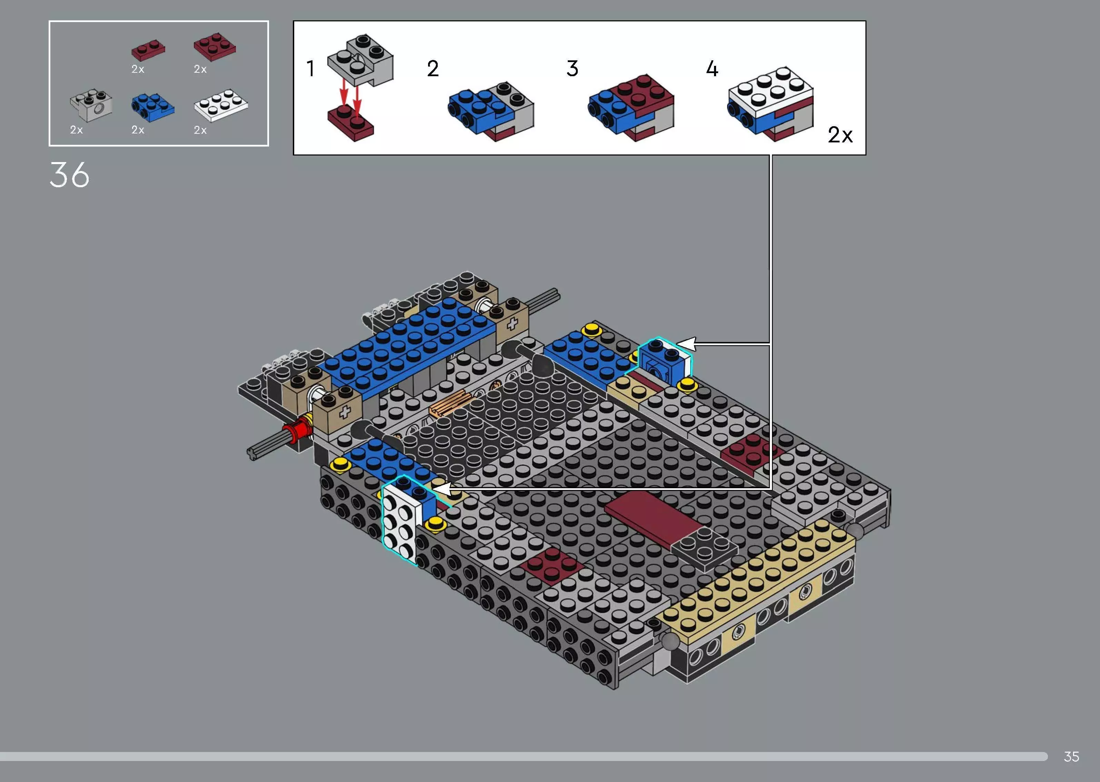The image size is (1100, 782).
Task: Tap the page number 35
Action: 1071,756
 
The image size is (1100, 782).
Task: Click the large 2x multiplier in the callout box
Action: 840,135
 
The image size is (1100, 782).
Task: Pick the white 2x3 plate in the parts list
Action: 220,104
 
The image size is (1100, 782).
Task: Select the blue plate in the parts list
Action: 152,107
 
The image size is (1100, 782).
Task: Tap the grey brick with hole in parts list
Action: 91,104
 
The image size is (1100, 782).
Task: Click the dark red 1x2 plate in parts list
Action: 148,49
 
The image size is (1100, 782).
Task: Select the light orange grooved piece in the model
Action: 450,403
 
